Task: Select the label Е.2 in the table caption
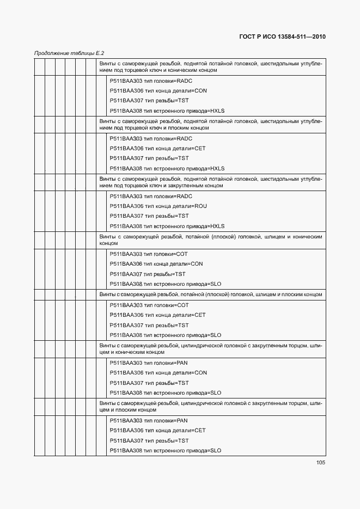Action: (99, 53)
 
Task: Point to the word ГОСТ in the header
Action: (249, 38)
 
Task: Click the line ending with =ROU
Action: (158, 206)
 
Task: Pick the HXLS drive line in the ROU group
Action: (167, 226)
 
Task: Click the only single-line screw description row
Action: (210, 295)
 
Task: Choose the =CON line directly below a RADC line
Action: (158, 91)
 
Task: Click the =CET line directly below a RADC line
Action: (157, 149)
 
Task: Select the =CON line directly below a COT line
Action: (156, 264)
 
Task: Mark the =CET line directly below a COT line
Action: (157, 315)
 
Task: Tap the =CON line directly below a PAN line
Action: (158, 373)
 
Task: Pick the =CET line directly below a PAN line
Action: (157, 431)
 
